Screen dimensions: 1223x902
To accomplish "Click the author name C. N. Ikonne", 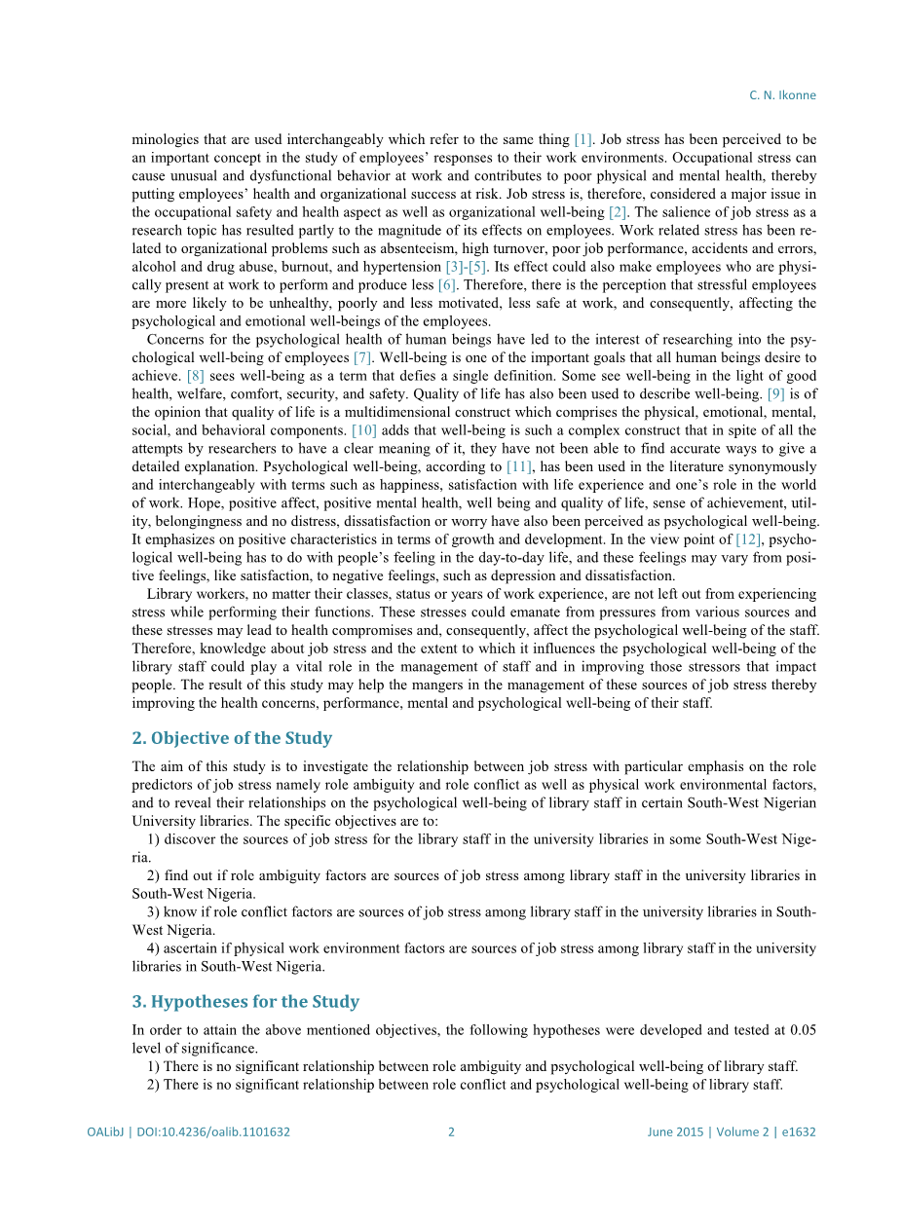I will click(782, 95).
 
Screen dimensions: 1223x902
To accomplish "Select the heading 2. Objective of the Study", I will click(232, 738).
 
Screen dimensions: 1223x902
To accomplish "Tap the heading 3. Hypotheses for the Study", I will click(245, 1002).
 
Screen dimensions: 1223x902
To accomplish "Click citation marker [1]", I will click(583, 140).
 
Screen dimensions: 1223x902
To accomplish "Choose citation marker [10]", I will click(363, 430).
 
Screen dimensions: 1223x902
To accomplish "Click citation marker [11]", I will click(519, 467).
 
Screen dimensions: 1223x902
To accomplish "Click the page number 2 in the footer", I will click(451, 1132).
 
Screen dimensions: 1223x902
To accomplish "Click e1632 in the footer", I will click(799, 1132).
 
